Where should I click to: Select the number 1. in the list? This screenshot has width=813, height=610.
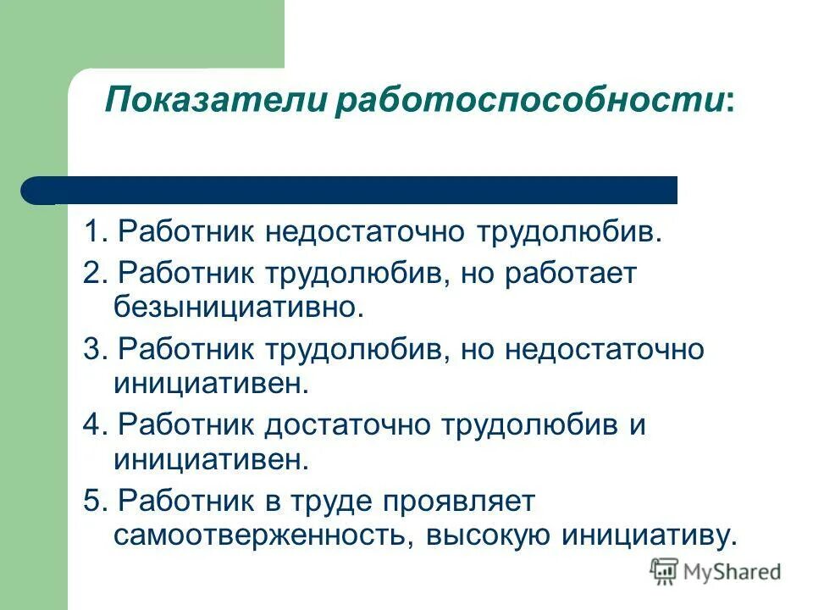(x=95, y=233)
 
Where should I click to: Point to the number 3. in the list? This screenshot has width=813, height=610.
(x=95, y=350)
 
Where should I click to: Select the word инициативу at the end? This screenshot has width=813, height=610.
(x=648, y=535)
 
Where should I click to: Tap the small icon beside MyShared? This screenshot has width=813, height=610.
(x=665, y=571)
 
